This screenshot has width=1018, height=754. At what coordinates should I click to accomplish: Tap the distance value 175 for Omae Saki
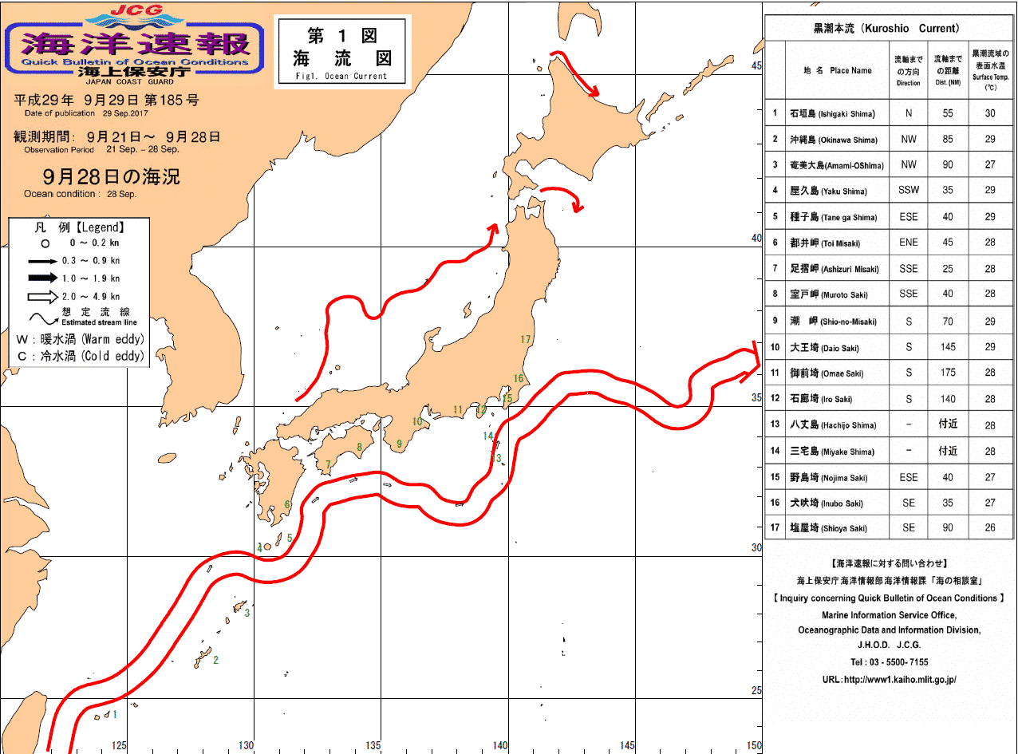pos(947,373)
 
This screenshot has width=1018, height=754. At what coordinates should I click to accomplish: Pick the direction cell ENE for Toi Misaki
pos(908,243)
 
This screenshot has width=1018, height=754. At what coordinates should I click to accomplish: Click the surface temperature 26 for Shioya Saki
pos(990,528)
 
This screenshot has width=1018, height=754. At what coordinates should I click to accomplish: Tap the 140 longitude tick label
pos(500,746)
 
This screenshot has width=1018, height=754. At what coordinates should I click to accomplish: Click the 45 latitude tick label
pos(756,66)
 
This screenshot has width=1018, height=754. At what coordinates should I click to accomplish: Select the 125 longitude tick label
pos(119,746)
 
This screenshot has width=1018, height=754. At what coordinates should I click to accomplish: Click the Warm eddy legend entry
pos(80,339)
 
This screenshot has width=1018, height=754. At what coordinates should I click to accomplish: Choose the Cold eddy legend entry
pos(80,357)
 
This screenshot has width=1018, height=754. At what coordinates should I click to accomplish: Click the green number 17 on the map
pos(525,339)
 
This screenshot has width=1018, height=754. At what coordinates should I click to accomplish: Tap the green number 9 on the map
pos(398,444)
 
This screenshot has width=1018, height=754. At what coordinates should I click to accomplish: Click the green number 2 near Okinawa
pos(215,660)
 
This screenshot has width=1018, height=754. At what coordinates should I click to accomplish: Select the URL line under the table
pos(888,680)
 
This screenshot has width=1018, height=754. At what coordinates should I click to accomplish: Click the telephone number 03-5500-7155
pos(888,662)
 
